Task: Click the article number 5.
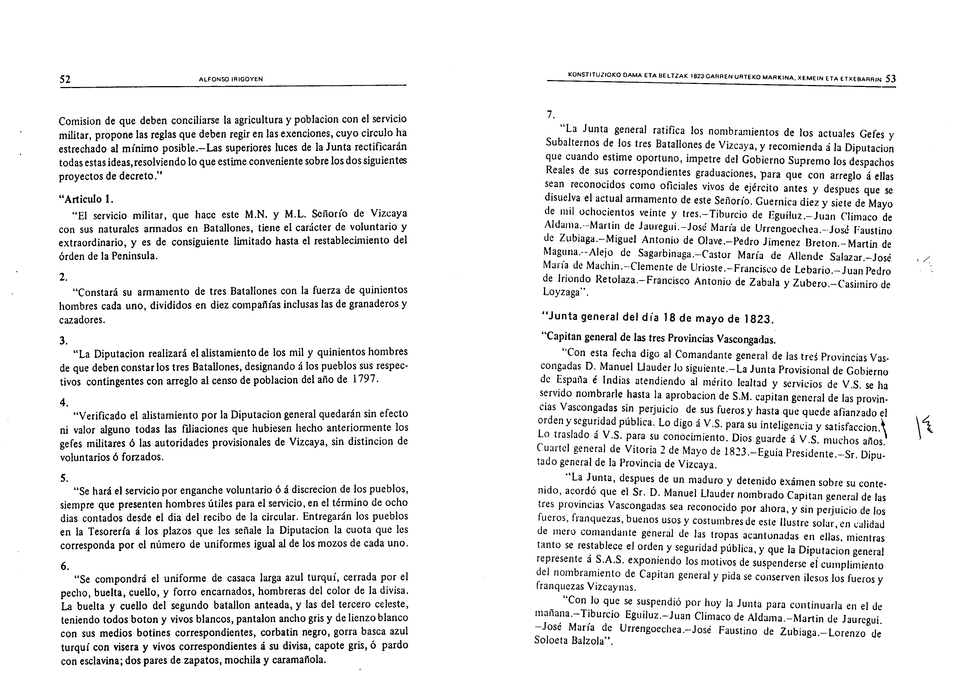[x=64, y=478]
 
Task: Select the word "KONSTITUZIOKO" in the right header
[x=596, y=75]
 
